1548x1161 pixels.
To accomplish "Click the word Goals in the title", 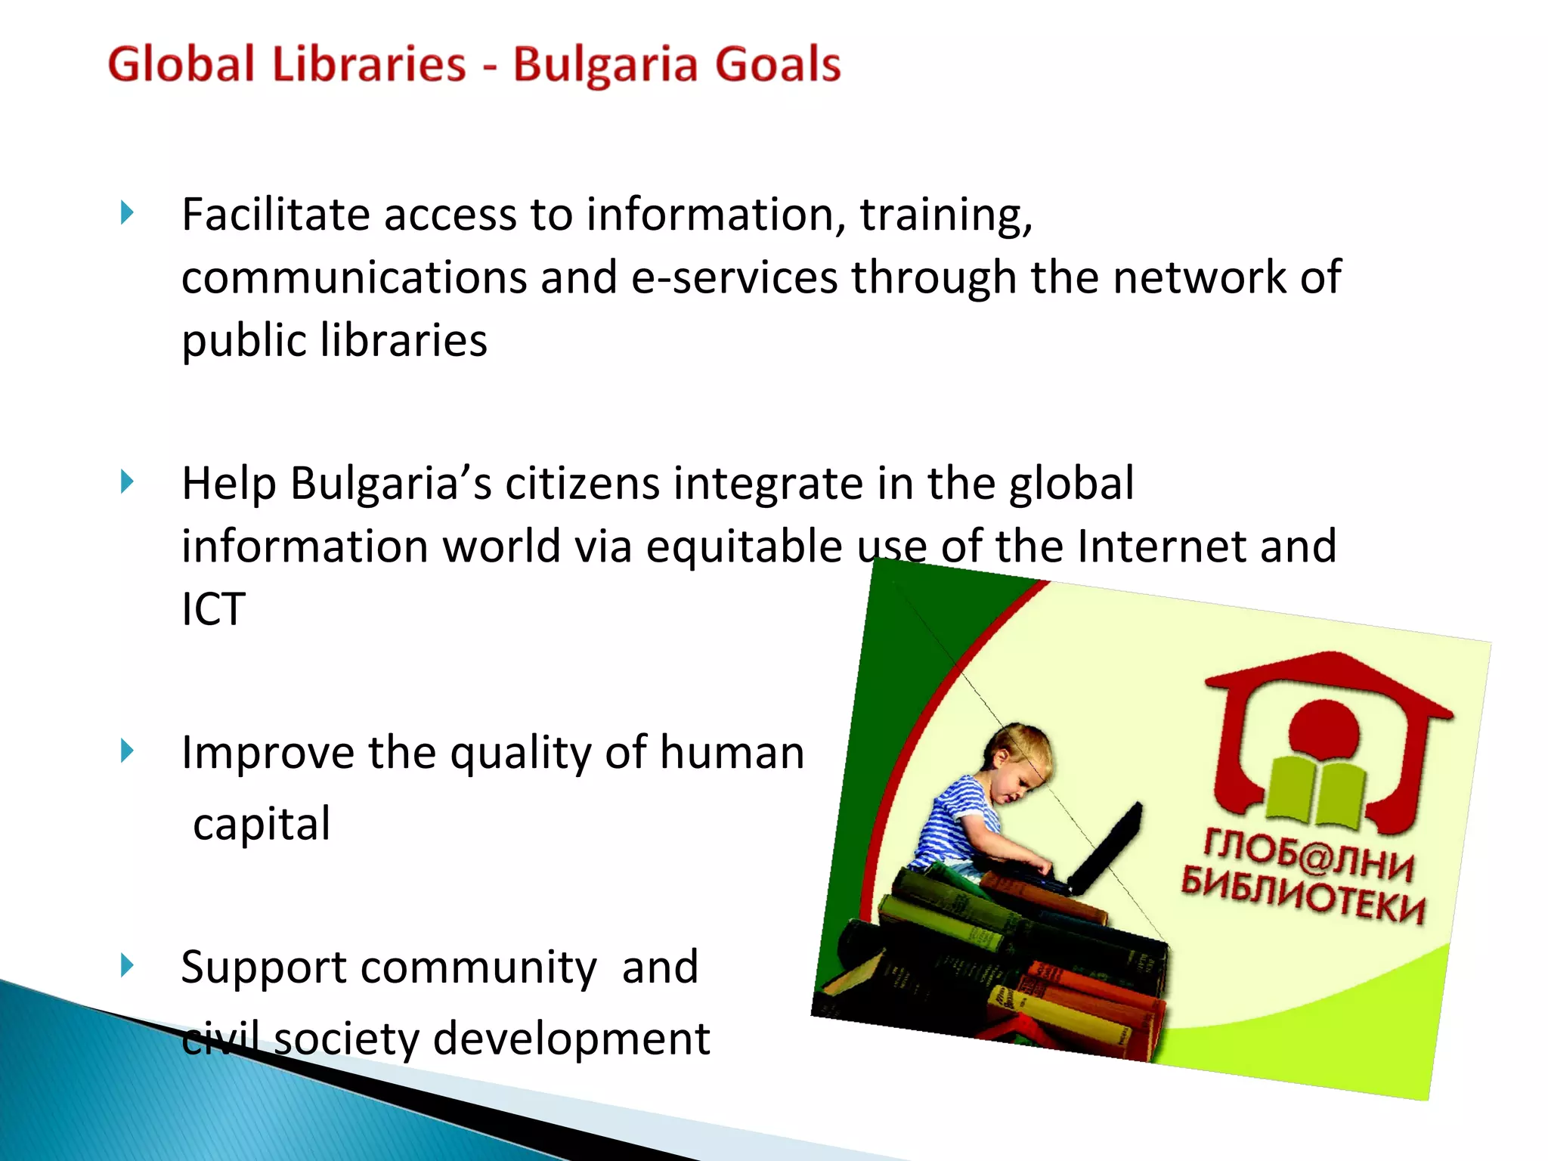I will coord(778,65).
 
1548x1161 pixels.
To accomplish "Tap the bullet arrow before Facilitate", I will coord(127,213).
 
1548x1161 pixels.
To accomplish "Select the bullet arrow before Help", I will coord(127,481).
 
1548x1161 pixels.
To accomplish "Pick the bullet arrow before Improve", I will coord(127,751).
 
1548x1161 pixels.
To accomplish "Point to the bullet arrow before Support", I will coord(127,964).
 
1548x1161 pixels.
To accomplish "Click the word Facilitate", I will coord(275,215).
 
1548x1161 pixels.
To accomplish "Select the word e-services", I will coord(734,277).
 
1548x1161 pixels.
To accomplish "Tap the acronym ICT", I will coord(213,609).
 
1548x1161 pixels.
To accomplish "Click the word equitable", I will coord(744,546).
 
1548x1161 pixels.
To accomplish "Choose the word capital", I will coord(262,824).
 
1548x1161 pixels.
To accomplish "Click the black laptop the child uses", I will coord(1107,850).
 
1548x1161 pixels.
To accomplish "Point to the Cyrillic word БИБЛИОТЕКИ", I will coord(1302,896).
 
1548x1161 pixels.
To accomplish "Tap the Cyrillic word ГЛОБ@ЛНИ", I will coord(1308,855).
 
